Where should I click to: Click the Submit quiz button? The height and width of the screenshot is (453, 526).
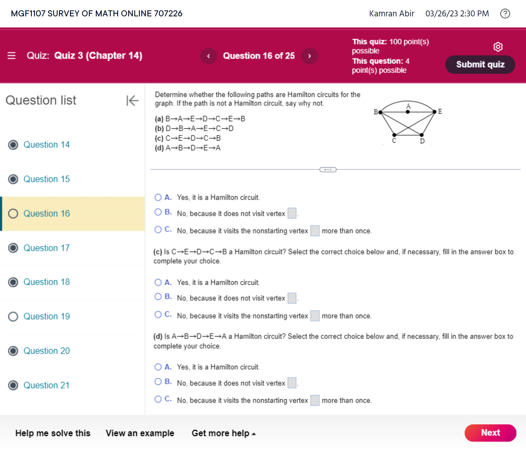[x=480, y=64]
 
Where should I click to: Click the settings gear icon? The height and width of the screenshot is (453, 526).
[x=498, y=47]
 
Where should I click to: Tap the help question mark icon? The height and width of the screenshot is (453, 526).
[x=505, y=13]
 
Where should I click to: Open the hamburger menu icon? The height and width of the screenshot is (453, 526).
[x=12, y=56]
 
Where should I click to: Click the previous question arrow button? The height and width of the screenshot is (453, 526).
[x=209, y=56]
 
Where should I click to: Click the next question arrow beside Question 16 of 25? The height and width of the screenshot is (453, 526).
[x=309, y=56]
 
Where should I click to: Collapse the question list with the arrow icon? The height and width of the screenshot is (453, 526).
[x=132, y=101]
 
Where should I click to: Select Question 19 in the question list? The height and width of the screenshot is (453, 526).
[x=46, y=316]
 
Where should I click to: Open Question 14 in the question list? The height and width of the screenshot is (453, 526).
[x=46, y=145]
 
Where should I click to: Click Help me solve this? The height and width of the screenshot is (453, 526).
[x=53, y=433]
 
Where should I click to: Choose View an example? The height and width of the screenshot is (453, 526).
[x=140, y=433]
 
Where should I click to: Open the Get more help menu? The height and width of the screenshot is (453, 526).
[x=223, y=433]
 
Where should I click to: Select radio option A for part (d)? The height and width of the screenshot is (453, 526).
[x=158, y=367]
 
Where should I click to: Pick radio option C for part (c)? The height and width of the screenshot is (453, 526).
[x=158, y=315]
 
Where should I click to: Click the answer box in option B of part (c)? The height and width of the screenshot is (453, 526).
[x=292, y=298]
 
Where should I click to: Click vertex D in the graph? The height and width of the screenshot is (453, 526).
[x=422, y=135]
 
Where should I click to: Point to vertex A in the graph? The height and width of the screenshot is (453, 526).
[x=408, y=112]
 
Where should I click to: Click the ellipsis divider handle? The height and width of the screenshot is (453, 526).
[x=328, y=170]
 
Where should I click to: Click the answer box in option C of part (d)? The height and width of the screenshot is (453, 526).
[x=315, y=400]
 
